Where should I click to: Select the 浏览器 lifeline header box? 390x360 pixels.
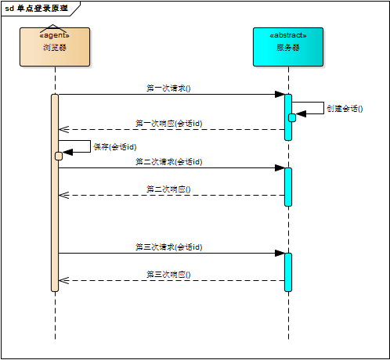click(55, 47)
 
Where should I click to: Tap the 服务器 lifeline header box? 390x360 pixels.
click(287, 47)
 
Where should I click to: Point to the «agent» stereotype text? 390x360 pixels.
click(55, 35)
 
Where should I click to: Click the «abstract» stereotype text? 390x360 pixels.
click(287, 35)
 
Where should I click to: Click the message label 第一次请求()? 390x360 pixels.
click(168, 88)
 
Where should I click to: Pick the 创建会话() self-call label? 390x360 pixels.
click(345, 109)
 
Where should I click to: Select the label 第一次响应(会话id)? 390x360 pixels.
click(168, 123)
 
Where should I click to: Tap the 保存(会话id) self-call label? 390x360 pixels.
click(115, 146)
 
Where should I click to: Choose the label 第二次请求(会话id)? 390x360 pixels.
click(168, 161)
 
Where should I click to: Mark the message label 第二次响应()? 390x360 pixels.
click(168, 189)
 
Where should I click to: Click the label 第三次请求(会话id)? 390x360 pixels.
click(168, 247)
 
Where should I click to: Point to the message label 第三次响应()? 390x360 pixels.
click(168, 275)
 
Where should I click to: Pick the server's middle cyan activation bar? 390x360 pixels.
click(287, 186)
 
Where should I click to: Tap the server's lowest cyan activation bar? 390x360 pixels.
click(287, 272)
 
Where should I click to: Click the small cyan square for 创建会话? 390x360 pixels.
click(292, 117)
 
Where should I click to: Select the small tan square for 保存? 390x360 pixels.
click(59, 156)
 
